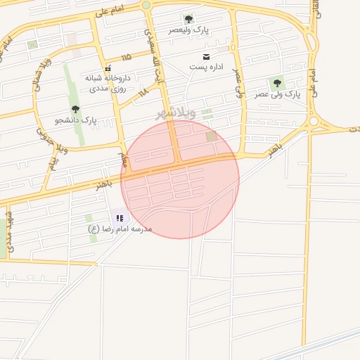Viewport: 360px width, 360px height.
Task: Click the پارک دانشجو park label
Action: pos(75,120)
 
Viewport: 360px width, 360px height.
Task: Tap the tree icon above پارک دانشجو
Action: pos(75,109)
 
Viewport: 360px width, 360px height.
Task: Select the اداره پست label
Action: pos(206,67)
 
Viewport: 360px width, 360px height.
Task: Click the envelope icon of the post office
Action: pos(206,56)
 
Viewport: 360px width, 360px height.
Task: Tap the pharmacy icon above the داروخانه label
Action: pos(108,68)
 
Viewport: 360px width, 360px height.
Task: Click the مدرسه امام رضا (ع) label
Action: pos(119,229)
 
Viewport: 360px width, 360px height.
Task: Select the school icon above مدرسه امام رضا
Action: pos(119,218)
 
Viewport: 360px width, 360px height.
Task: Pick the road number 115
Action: pos(127,57)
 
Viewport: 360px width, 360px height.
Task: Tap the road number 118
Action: pos(143,91)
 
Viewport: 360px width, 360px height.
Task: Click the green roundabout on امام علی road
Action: pos(146,5)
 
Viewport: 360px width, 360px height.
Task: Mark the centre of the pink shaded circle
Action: pos(180,179)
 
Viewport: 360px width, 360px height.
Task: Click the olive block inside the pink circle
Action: pos(212,136)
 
